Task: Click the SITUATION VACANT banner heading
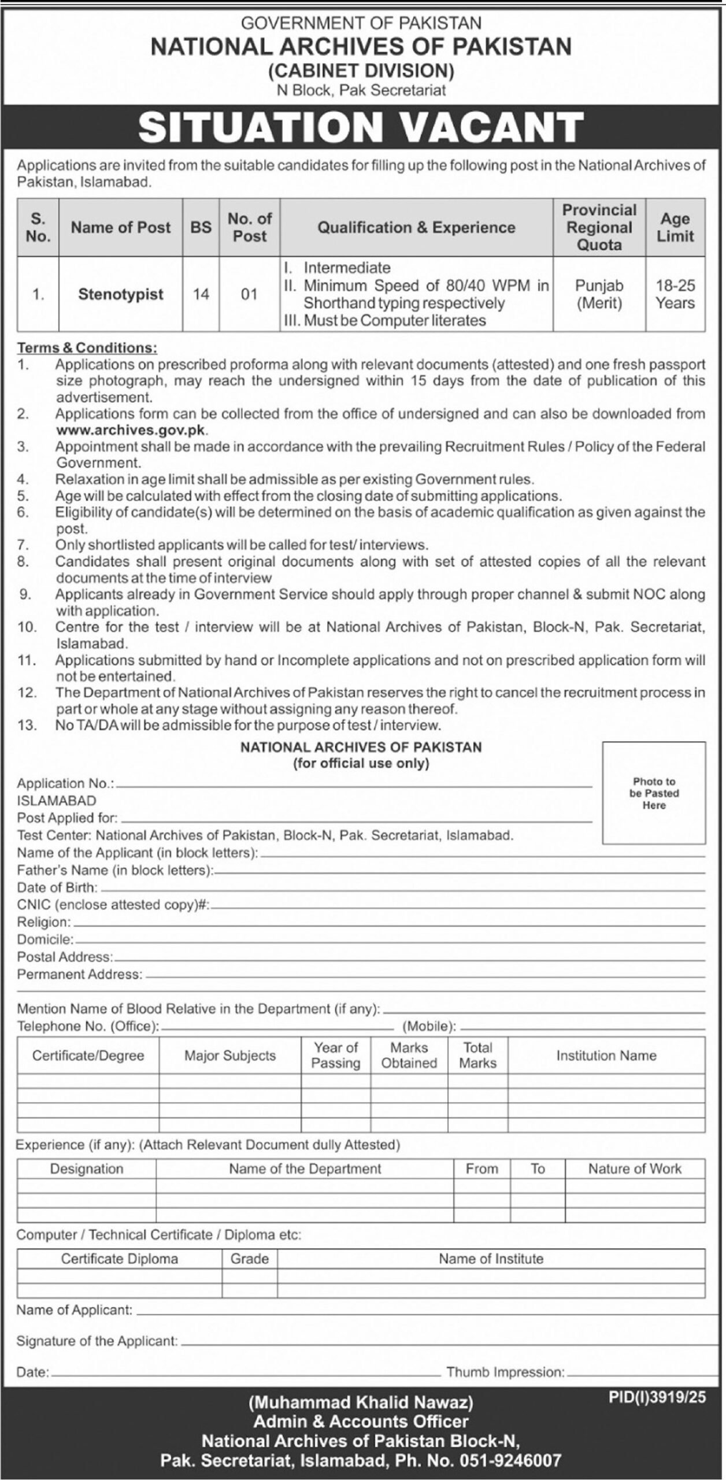pos(361,127)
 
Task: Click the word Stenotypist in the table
pos(121,294)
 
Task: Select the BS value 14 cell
pos(201,294)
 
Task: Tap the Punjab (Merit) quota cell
pos(599,294)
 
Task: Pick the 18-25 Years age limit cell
pos(675,294)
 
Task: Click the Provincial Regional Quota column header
pos(599,227)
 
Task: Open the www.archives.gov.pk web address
pos(131,430)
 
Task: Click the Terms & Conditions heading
pos(87,348)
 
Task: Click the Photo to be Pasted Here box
pos(654,793)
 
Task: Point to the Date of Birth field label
pos(57,887)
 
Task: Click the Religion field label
pos(44,922)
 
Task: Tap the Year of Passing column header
pos(335,1055)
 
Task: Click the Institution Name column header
pos(606,1056)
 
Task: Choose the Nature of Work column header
pos(635,1168)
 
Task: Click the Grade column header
pos(250,1259)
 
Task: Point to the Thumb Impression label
pos(505,1372)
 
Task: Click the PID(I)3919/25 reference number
pos(657,1397)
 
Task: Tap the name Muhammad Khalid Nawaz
pos(361,1403)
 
